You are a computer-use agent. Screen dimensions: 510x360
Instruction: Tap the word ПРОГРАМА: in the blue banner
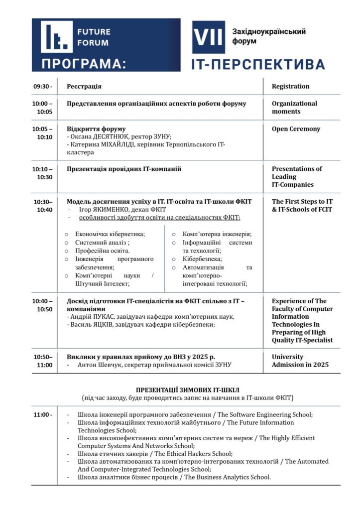pyautogui.click(x=84, y=64)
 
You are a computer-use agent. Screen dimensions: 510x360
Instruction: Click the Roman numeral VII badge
pyautogui.click(x=209, y=37)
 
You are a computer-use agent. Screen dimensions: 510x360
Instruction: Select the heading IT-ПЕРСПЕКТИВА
pyautogui.click(x=258, y=64)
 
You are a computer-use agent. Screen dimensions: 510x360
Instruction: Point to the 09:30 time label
pyautogui.click(x=43, y=87)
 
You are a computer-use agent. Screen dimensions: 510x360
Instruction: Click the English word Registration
pyautogui.click(x=290, y=87)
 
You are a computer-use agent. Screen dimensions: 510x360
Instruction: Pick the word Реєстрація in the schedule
pyautogui.click(x=84, y=87)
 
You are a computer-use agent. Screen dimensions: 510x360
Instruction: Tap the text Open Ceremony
pyautogui.click(x=296, y=129)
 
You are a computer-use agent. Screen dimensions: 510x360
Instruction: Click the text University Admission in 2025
pyautogui.click(x=300, y=361)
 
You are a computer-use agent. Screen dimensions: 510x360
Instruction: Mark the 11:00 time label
pyautogui.click(x=43, y=415)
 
